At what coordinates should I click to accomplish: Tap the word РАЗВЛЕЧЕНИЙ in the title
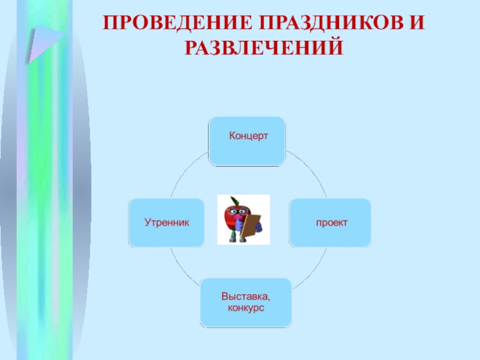pyautogui.click(x=263, y=47)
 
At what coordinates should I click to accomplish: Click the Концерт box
pyautogui.click(x=247, y=141)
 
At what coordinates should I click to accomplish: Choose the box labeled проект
pyautogui.click(x=330, y=223)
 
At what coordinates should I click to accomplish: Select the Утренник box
pyautogui.click(x=166, y=223)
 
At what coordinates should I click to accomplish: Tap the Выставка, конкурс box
pyautogui.click(x=246, y=302)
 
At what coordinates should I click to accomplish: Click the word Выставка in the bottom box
pyautogui.click(x=245, y=296)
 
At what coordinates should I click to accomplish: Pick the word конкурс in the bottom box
pyautogui.click(x=246, y=308)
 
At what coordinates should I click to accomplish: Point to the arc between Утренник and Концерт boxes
pyautogui.click(x=183, y=171)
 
